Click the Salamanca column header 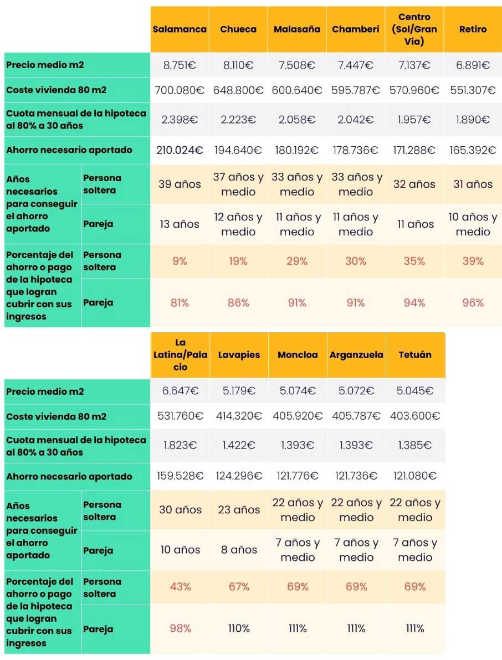180,29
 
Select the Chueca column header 238,29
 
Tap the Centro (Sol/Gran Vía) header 414,29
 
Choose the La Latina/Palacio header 180,355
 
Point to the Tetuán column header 415,355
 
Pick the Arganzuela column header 356,355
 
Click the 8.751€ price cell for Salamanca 180,65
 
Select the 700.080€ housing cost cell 180,90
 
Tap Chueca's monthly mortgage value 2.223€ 238,120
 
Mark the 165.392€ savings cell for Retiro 473,150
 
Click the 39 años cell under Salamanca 180,184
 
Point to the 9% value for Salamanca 180,261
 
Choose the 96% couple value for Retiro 473,303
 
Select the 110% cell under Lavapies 239,628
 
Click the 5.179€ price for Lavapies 239,391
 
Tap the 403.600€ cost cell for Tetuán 415,416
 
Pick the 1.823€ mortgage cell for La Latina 180,445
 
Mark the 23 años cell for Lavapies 239,510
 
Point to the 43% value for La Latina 180,586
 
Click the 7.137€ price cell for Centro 414,65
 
